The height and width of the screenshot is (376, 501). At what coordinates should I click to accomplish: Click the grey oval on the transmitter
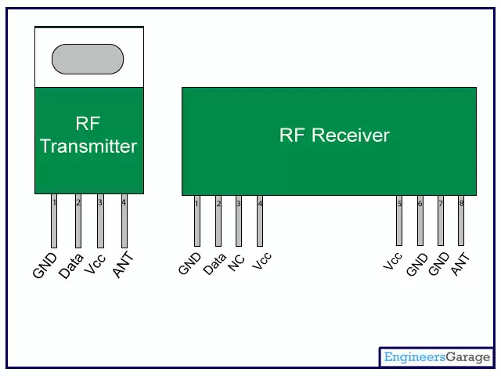click(88, 59)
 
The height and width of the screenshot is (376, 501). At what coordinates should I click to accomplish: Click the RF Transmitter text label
click(88, 136)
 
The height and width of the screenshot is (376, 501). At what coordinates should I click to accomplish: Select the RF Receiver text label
click(334, 136)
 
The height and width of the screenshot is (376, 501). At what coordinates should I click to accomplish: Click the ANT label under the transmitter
click(123, 266)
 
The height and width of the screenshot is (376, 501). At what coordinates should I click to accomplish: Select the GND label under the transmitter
click(45, 266)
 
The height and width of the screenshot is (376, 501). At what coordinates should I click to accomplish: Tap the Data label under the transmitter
click(71, 265)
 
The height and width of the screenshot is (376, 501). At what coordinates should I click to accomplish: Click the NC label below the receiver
click(236, 262)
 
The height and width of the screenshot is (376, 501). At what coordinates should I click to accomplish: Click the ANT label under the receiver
click(460, 264)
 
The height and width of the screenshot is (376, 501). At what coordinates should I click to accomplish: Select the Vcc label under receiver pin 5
click(392, 261)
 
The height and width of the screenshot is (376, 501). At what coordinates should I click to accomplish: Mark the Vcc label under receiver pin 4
click(262, 262)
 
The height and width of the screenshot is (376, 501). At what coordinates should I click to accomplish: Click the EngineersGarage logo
click(437, 358)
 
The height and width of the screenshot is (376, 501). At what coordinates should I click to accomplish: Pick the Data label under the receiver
click(214, 263)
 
